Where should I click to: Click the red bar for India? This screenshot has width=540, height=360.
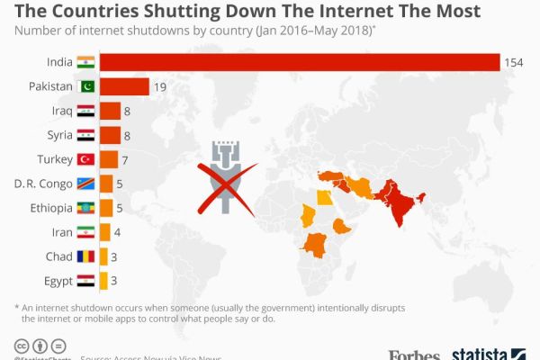point(299,61)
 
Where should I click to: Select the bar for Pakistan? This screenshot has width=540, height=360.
point(124,86)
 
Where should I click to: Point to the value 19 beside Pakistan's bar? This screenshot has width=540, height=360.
point(160,86)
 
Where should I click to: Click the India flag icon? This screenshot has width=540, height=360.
point(85,61)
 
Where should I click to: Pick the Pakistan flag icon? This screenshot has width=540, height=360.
point(85,86)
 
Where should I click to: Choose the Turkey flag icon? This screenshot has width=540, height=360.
point(85,159)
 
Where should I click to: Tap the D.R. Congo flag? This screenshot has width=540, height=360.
point(85,184)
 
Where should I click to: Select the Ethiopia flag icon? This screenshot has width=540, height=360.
point(85,208)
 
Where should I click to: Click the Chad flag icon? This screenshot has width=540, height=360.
point(85,256)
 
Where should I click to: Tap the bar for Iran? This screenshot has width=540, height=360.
point(104,232)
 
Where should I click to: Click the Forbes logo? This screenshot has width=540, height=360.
point(414,354)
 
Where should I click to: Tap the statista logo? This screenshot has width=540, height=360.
point(486,354)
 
